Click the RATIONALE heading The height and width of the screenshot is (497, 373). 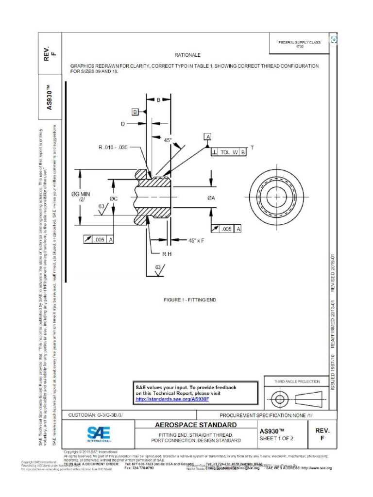pos(187,55)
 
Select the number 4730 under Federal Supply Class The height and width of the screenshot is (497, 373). pos(300,47)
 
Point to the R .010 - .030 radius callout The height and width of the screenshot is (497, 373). pos(113,147)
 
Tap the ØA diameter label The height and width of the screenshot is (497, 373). pos(211,198)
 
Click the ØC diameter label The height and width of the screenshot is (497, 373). pos(114,199)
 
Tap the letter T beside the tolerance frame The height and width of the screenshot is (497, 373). pos(252,147)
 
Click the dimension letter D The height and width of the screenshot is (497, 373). pos(123,124)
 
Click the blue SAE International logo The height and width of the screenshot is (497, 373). pos(99,433)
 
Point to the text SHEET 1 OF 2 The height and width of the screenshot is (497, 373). pos(276,438)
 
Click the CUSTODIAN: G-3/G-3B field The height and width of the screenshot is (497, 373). pos(96,415)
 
